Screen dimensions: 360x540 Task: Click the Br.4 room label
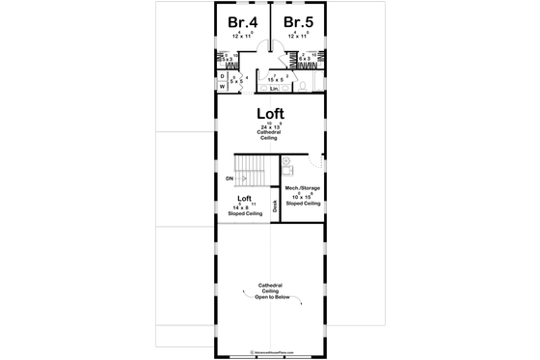coord(241,22)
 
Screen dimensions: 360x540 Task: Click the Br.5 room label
coord(297,22)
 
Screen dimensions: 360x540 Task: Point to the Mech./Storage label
coord(302,189)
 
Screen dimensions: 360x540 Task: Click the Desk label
coord(275,205)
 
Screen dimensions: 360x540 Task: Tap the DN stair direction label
coord(229,180)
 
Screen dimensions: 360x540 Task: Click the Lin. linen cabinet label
coord(274,89)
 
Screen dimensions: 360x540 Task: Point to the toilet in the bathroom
coord(302,85)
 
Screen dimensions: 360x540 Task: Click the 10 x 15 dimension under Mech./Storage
coord(302,197)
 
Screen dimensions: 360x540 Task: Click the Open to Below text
coord(269,299)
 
